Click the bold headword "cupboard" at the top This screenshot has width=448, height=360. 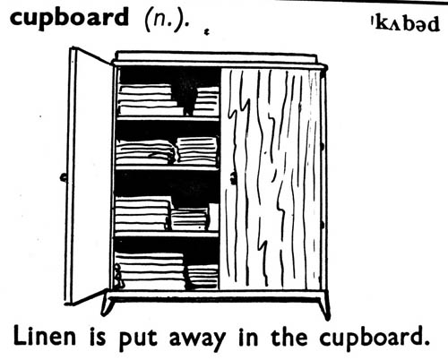(69, 19)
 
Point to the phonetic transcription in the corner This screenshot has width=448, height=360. (405, 24)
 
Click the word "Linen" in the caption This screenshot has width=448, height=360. (45, 337)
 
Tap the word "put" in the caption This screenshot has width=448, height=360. (138, 339)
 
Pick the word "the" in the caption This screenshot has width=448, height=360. (289, 336)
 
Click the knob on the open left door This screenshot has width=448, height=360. (64, 177)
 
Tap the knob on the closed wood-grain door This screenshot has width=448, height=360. (233, 178)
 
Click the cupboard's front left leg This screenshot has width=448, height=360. (108, 304)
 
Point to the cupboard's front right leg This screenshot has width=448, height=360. (324, 305)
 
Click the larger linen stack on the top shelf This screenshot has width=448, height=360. (150, 99)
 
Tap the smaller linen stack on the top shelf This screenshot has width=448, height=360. (207, 101)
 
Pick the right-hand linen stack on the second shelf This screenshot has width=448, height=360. (197, 150)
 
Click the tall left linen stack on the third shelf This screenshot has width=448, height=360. (142, 214)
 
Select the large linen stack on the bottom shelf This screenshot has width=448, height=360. (150, 271)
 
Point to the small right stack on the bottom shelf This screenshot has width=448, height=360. (202, 277)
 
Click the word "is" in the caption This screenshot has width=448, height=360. (98, 337)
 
